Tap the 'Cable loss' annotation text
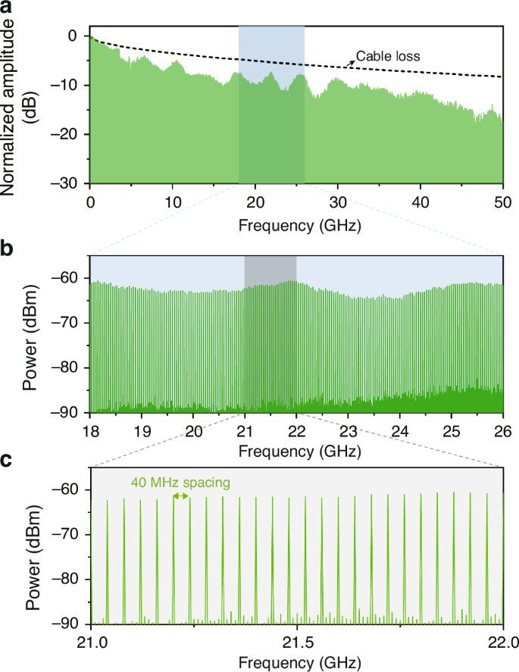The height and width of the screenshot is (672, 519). (388, 56)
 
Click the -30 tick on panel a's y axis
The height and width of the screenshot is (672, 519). (71, 183)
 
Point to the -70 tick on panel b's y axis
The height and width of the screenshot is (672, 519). (71, 323)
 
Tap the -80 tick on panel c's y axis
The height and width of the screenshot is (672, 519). (71, 580)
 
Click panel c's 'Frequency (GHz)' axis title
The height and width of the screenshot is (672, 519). (297, 662)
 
